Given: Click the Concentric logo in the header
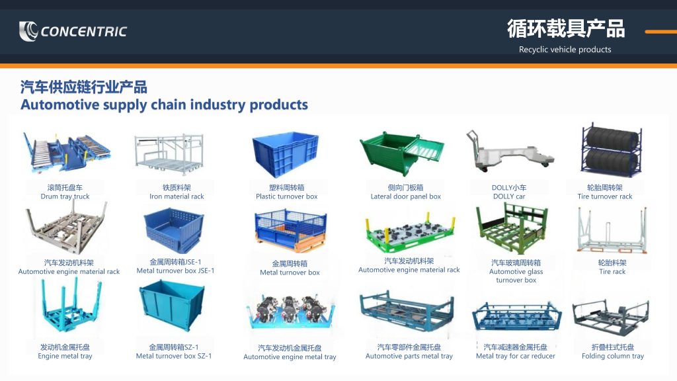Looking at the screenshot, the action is (73, 31).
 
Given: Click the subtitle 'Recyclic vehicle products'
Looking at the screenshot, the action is (565, 50).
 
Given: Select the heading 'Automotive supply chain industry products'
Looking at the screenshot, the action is (164, 105).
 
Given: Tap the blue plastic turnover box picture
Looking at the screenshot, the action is (286, 155).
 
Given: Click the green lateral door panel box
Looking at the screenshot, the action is (401, 153).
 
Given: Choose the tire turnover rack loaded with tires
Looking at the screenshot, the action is (610, 151).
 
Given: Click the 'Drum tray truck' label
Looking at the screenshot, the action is (65, 196).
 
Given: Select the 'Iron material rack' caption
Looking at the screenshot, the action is (177, 196).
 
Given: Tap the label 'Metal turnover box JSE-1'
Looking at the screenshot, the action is (175, 271).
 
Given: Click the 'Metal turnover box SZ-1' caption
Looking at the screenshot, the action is (174, 356).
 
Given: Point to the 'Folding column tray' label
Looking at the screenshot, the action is (613, 356).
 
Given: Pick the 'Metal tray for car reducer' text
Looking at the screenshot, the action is (516, 356).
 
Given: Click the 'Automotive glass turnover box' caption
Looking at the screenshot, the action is (516, 276).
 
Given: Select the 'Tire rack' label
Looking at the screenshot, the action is (612, 272).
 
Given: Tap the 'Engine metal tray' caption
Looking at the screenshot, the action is (65, 356).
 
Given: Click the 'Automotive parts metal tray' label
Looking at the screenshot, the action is (409, 356).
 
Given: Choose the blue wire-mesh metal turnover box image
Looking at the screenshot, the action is (290, 231).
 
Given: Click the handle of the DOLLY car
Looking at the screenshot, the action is (472, 138).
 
